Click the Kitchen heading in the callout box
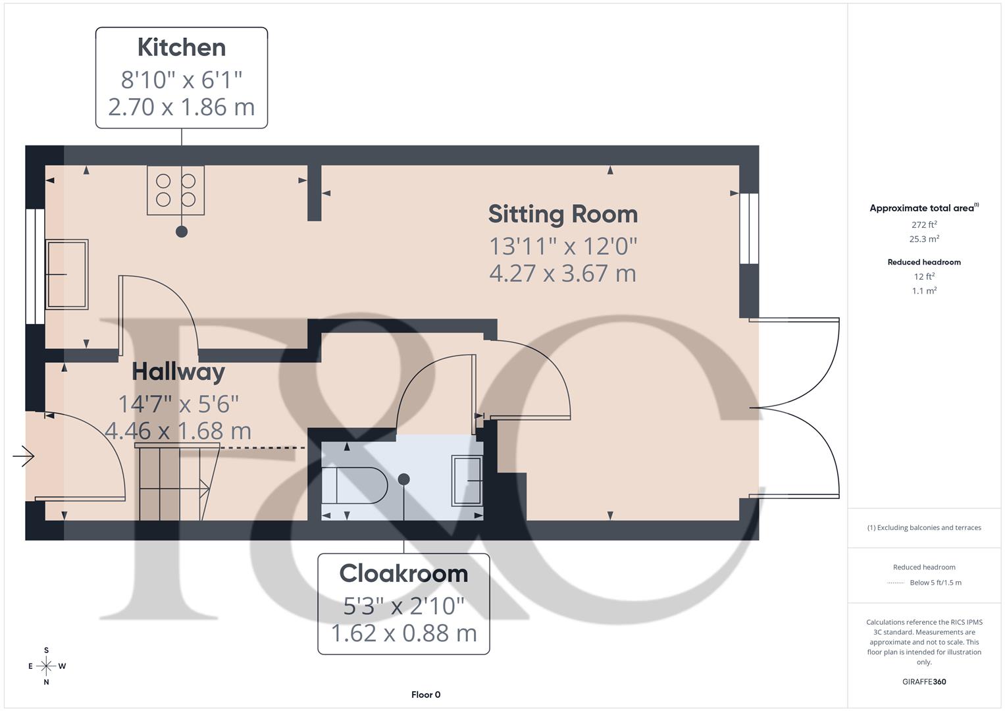(x=182, y=48)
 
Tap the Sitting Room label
(x=563, y=215)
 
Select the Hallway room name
(x=178, y=372)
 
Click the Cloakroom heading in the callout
(x=403, y=573)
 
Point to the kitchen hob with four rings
(x=176, y=190)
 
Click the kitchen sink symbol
(x=66, y=275)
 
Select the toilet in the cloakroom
(x=355, y=485)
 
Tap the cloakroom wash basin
(x=467, y=481)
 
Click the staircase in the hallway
(x=172, y=483)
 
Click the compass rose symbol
(x=46, y=666)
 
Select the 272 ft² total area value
(x=924, y=224)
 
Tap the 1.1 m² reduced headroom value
(x=924, y=291)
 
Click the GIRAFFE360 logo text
(x=924, y=681)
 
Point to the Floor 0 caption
(x=426, y=695)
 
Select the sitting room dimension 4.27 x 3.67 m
(x=563, y=273)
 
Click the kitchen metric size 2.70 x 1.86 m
(x=182, y=107)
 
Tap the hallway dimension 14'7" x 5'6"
(x=178, y=403)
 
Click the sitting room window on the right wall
(x=749, y=228)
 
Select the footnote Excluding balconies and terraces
(x=924, y=527)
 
